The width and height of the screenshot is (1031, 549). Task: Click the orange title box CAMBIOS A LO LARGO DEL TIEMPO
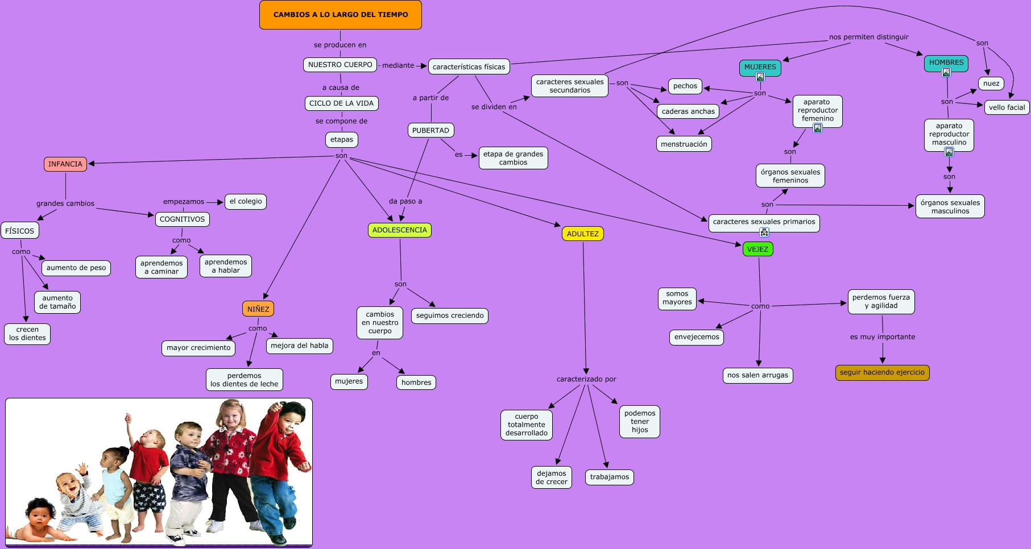(340, 15)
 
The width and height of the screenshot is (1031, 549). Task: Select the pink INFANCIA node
(65, 164)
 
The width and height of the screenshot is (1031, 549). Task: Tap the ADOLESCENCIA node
(399, 230)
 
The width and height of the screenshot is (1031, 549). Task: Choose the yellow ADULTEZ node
(582, 234)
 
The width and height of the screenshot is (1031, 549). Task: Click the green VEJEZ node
(757, 249)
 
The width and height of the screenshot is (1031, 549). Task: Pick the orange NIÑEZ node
(258, 309)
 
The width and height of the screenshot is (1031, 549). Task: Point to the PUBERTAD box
(430, 130)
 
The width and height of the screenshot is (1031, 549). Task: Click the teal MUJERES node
(760, 66)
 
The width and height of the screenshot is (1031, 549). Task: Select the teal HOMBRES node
(946, 63)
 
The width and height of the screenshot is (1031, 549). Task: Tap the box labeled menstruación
(684, 144)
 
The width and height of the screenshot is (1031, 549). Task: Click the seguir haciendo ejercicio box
(882, 372)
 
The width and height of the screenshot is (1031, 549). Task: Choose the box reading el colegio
(246, 201)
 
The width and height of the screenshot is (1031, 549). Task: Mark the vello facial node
(1007, 107)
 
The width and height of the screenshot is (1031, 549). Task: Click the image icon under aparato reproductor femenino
(817, 128)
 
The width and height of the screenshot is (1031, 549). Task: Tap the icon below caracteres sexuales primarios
(764, 232)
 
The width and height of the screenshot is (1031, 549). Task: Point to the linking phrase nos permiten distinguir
(868, 37)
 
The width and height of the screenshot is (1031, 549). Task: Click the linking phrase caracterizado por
(586, 379)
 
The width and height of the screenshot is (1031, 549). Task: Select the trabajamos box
(609, 477)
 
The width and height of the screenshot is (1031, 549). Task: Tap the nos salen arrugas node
(757, 375)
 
